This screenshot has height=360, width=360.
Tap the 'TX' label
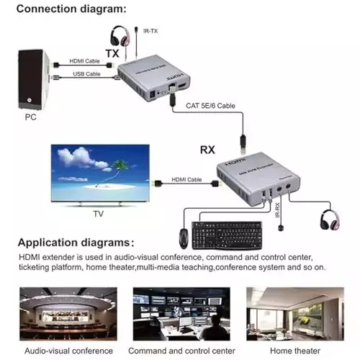(x=112, y=53)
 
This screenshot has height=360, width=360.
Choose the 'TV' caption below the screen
(x=99, y=214)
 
